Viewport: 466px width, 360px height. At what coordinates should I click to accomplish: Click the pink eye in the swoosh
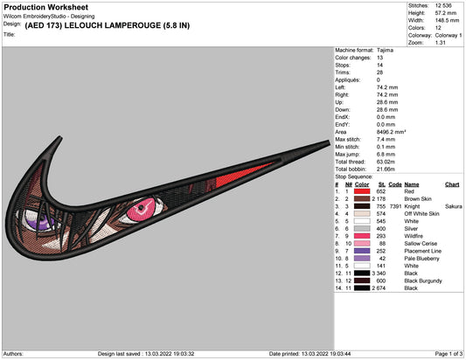point(142,209)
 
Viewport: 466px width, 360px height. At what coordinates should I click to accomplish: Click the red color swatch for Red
point(362,191)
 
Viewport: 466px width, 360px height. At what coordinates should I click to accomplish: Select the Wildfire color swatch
point(362,236)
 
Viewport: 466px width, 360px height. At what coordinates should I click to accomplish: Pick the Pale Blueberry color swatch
point(362,259)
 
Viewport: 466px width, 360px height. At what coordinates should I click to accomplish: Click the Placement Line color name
point(422,251)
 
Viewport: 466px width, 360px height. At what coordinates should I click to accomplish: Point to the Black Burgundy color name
point(423,280)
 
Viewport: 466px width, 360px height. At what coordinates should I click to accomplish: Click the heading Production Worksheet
point(45,7)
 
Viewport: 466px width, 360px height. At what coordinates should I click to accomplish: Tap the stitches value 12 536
point(443,5)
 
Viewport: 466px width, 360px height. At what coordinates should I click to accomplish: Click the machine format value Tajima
point(385,50)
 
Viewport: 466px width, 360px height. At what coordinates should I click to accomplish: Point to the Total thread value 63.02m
point(386,162)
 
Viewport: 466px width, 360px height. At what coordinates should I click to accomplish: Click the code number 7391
point(395,206)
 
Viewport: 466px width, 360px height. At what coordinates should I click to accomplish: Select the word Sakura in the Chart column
point(454,206)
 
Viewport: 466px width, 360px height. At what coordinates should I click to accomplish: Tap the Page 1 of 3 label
point(449,354)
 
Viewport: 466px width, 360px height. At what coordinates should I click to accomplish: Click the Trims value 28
point(379,73)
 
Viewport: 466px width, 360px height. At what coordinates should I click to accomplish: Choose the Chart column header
point(452,184)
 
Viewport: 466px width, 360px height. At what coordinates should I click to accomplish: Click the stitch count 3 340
point(379,273)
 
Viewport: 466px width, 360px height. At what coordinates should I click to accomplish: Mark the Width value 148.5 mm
point(447,20)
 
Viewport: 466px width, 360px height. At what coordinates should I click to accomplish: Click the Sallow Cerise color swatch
point(362,244)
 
